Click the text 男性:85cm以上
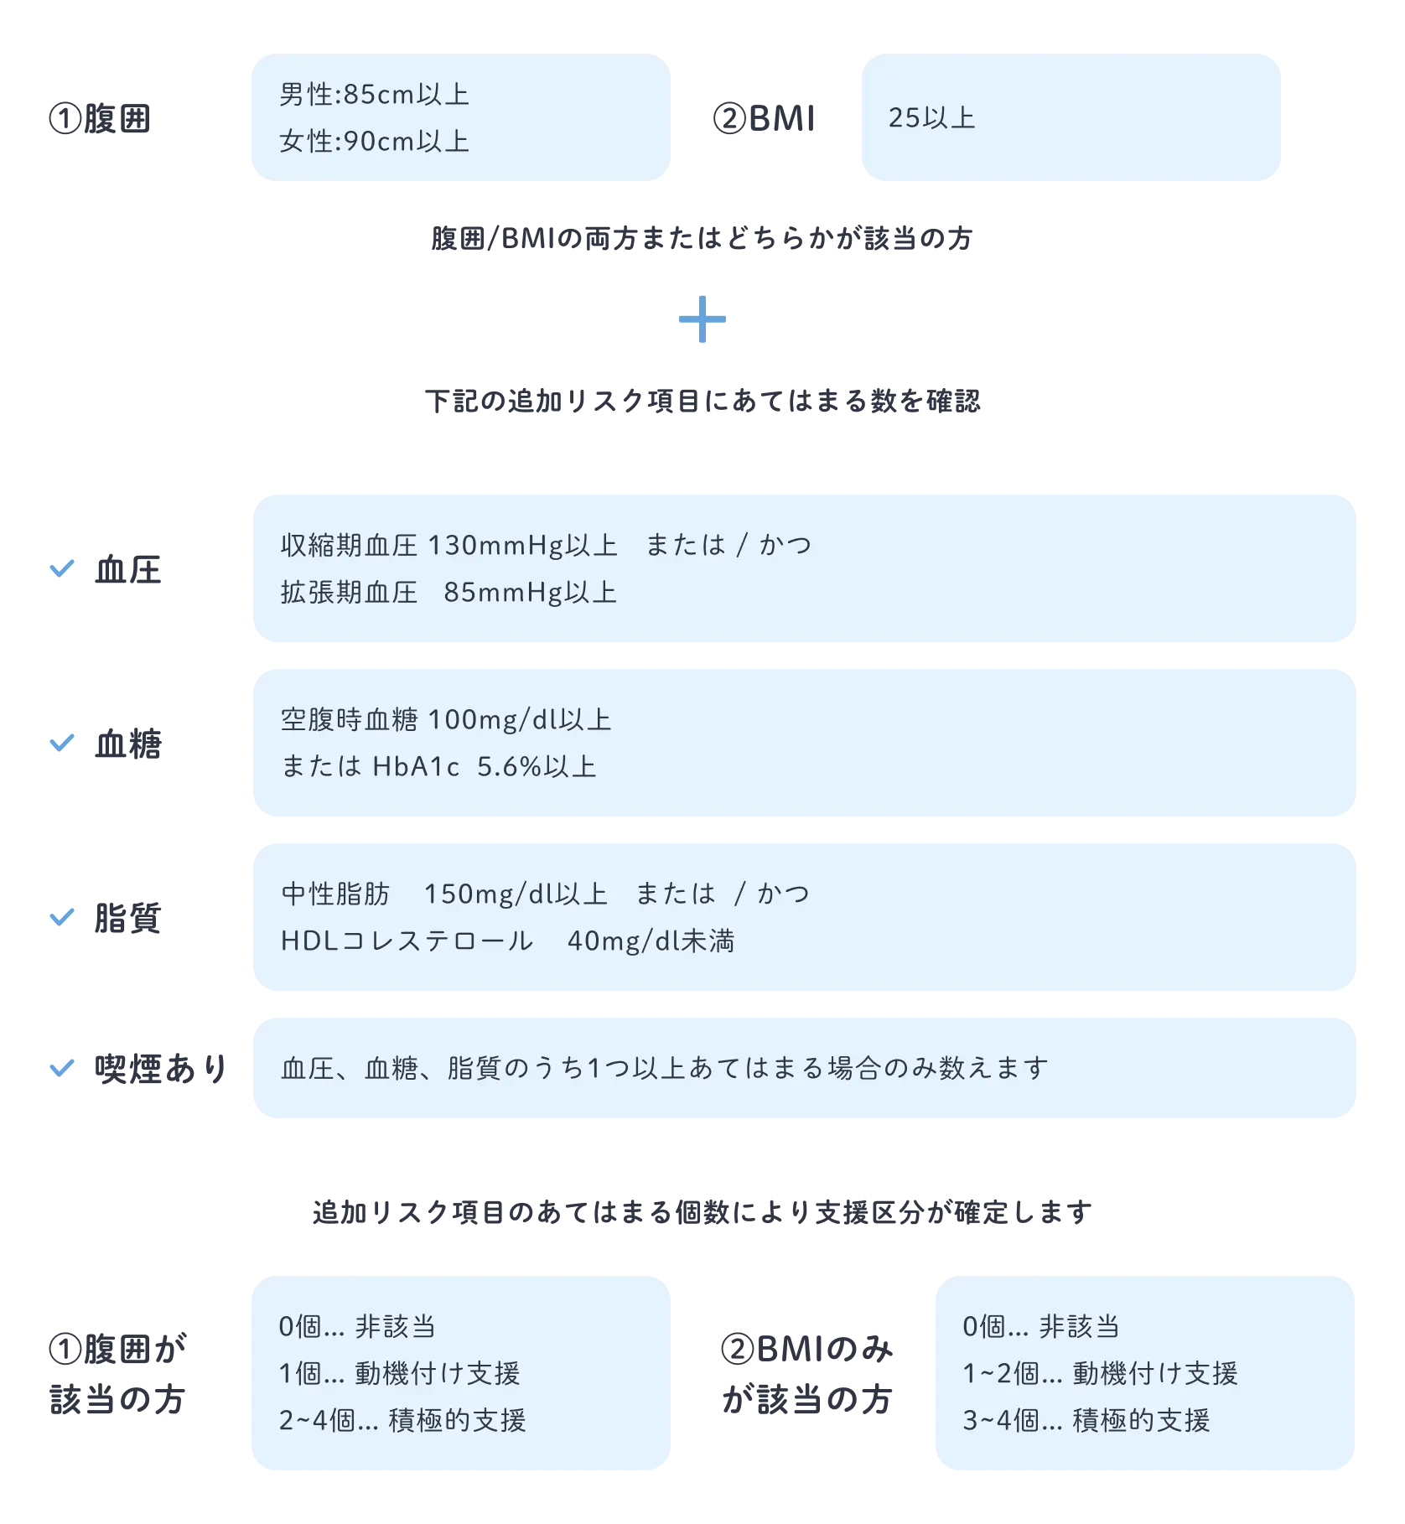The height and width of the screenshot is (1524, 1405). point(374,95)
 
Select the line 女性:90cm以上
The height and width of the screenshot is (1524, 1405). point(374,142)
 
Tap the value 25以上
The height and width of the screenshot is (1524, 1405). point(931,118)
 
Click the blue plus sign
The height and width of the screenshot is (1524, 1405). point(702,322)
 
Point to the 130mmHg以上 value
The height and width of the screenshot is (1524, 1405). point(522,546)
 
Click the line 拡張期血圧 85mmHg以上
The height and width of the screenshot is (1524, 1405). point(448,593)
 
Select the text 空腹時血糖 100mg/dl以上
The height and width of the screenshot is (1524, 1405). point(446,720)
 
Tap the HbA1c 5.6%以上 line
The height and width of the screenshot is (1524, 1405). point(438,767)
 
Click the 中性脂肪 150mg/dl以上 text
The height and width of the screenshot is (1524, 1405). point(444,894)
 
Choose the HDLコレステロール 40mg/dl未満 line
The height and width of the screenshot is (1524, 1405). point(507,941)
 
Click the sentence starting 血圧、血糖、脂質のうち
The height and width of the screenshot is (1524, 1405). point(664,1069)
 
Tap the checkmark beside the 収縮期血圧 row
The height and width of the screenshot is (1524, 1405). point(64,570)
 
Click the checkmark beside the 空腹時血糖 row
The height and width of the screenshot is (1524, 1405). point(64,744)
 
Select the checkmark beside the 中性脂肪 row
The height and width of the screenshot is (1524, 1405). point(64,918)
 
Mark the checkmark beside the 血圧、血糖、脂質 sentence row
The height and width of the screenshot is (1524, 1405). point(64,1068)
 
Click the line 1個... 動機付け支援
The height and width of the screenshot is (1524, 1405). point(399,1374)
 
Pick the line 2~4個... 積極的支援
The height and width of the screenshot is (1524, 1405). point(402,1421)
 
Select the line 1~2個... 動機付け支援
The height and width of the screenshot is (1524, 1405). point(1100,1374)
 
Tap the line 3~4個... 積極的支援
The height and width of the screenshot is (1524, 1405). point(1086,1421)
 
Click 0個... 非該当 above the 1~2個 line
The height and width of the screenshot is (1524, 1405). point(1040,1327)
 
